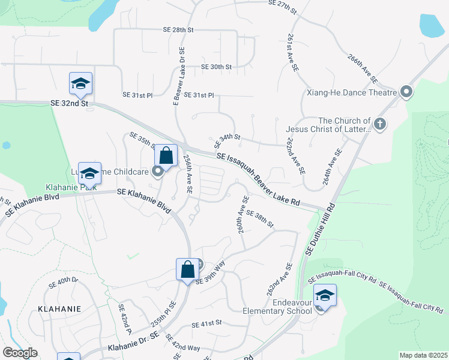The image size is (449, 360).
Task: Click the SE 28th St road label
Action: pos(178,29)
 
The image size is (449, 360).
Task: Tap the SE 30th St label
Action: pos(216,67)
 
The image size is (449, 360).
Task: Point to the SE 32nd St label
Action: pos(69,103)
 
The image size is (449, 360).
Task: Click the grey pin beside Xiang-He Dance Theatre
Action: pos(406,92)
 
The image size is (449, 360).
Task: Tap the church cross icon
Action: pos(379,124)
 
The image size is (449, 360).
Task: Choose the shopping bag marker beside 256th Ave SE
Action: pos(166,156)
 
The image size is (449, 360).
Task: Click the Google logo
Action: pos(19,353)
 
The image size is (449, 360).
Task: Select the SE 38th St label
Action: pos(259,220)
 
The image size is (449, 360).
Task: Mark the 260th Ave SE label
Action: pos(242,214)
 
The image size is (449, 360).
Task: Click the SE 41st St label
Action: pos(206,324)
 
